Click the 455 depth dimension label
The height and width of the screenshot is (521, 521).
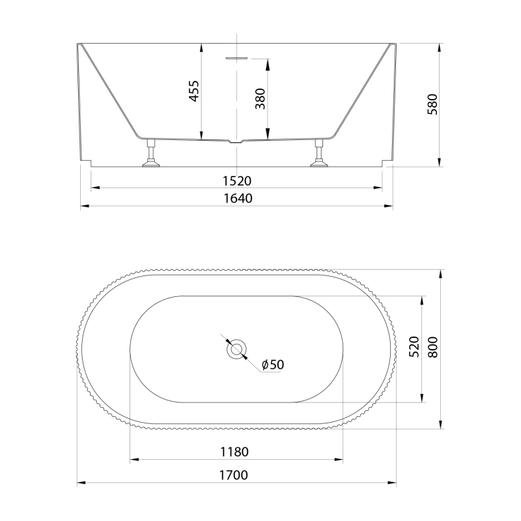193,91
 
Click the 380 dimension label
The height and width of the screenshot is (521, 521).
260,99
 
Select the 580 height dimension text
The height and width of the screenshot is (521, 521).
432,104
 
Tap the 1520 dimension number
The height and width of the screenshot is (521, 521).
237,181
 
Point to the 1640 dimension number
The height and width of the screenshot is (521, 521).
238,199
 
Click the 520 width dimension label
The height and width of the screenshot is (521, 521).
414,347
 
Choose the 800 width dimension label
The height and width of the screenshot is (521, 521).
432,347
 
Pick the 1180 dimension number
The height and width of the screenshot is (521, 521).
234,452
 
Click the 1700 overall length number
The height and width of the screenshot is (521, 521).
234,475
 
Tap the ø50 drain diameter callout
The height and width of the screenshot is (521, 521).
273,365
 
